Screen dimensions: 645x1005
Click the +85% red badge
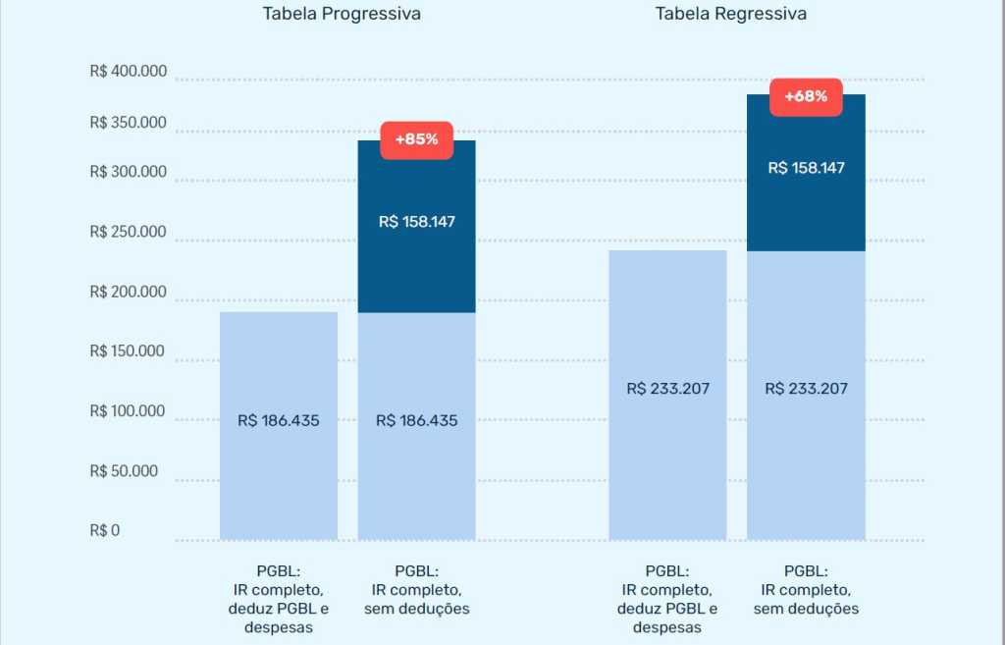416,139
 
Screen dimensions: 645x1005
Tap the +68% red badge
806,96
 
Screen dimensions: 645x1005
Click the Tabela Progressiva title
342,14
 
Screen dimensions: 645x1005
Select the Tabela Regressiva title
731,14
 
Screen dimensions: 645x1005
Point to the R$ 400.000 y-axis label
128,72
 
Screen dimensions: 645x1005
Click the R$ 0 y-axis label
104,531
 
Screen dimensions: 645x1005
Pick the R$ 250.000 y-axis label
128,233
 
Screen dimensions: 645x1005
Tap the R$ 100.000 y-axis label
128,411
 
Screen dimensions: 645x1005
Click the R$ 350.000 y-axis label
128,124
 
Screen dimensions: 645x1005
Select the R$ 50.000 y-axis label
124,471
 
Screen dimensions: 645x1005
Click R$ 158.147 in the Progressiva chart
416,222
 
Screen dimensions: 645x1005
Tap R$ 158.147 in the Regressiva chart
806,168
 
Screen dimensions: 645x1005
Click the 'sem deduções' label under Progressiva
416,609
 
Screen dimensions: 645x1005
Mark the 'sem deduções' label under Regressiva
806,609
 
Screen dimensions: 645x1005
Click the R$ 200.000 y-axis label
128,292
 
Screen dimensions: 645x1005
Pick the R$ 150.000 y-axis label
128,351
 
